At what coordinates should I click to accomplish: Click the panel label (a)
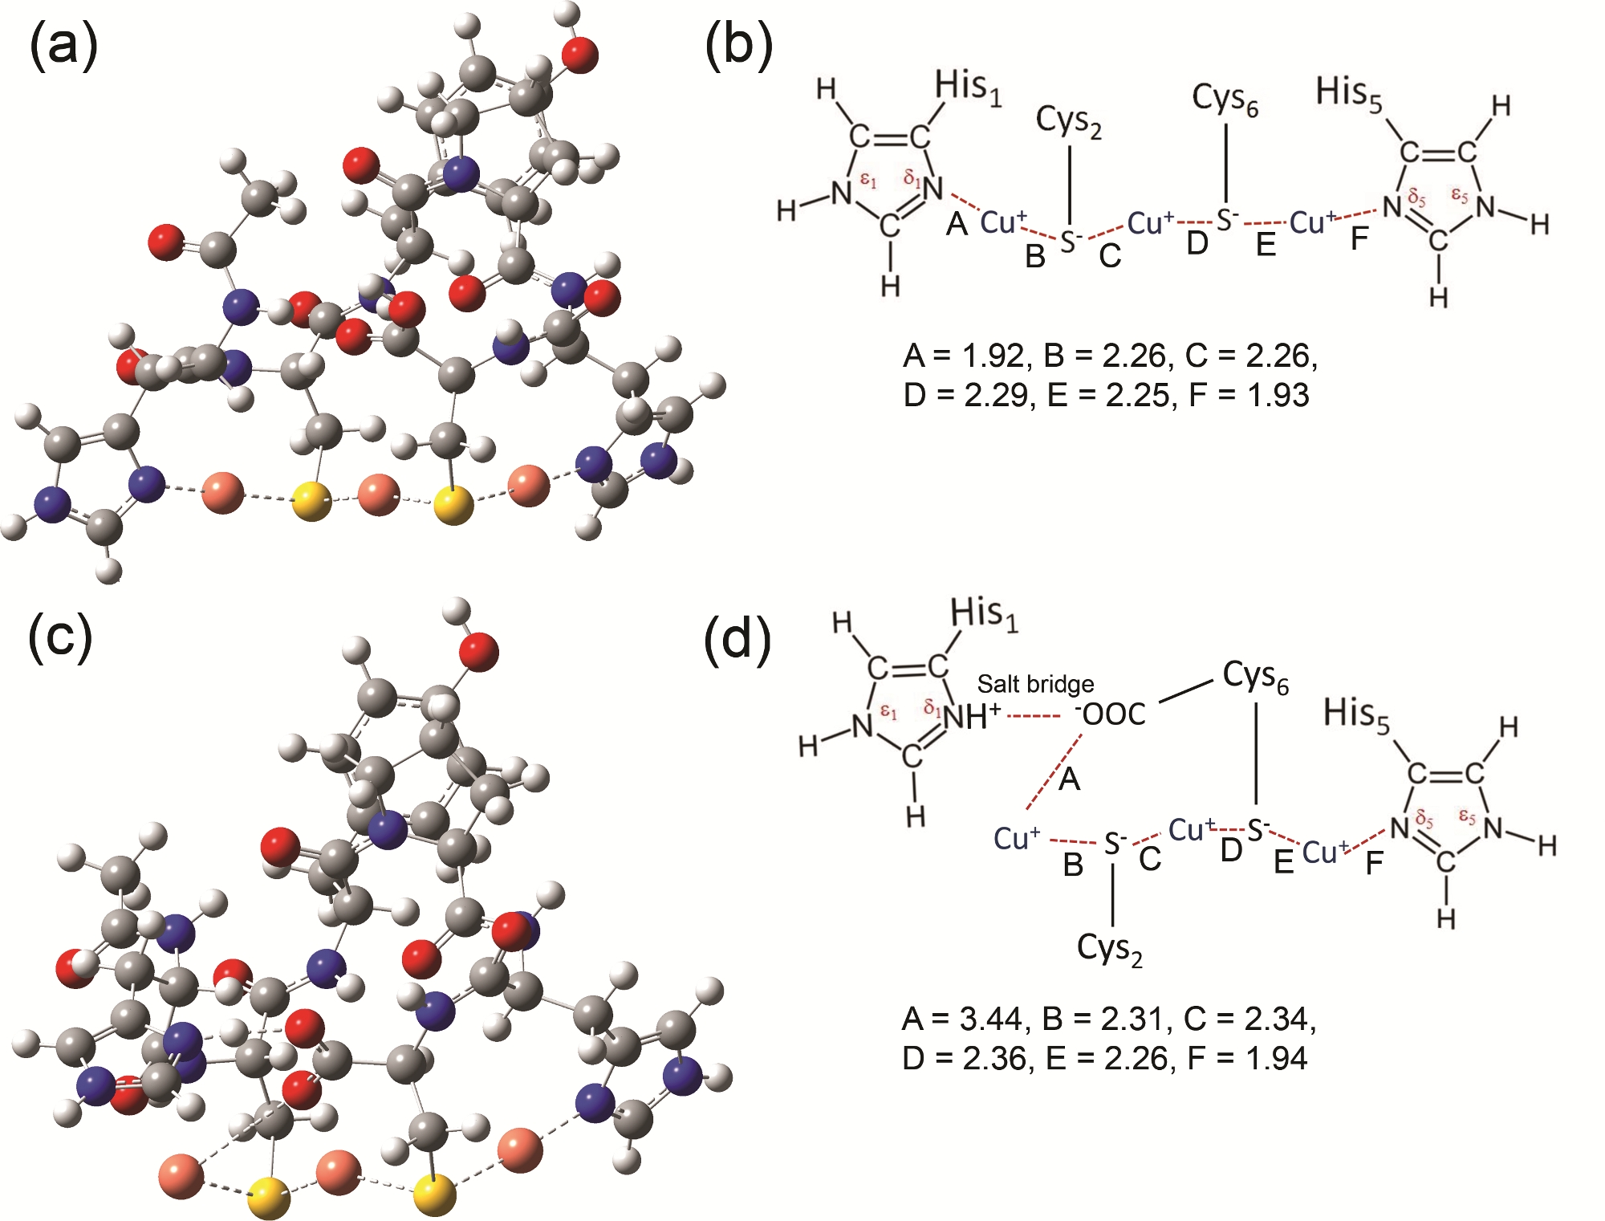(x=63, y=46)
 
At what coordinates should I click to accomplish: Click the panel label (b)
(x=738, y=46)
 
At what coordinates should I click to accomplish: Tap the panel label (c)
(x=60, y=637)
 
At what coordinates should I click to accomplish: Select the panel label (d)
(x=737, y=640)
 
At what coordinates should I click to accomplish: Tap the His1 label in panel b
(x=968, y=88)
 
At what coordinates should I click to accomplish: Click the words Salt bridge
(x=1035, y=684)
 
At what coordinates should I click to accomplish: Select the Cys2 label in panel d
(x=1110, y=950)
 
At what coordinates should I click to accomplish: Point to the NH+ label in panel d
(x=972, y=715)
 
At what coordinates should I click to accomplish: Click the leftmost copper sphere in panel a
(x=222, y=493)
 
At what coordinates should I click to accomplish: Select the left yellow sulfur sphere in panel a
(x=311, y=501)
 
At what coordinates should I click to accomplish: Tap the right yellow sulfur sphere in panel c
(x=434, y=1194)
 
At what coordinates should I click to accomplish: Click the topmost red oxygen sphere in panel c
(x=479, y=650)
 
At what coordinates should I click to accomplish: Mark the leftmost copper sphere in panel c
(x=181, y=1176)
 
